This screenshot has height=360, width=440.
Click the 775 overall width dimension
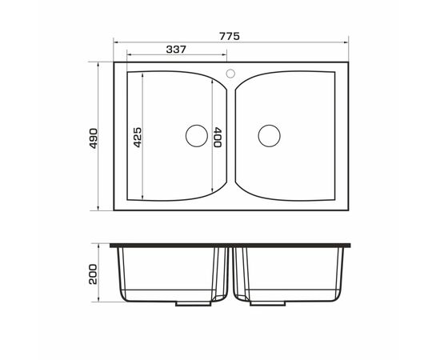pyautogui.click(x=230, y=37)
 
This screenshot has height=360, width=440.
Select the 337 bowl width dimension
pyautogui.click(x=176, y=50)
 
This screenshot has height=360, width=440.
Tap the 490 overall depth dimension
pyautogui.click(x=93, y=138)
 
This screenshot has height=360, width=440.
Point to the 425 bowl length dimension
pyautogui.click(x=138, y=138)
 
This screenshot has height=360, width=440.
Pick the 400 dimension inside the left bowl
pyautogui.click(x=218, y=138)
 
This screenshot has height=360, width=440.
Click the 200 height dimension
pyautogui.click(x=93, y=274)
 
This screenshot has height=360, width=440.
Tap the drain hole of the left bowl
pyautogui.click(x=197, y=136)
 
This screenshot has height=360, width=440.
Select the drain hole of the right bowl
pyautogui.click(x=270, y=136)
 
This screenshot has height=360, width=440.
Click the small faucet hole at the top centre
pyautogui.click(x=230, y=74)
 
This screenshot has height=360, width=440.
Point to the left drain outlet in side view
pyautogui.click(x=194, y=304)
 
